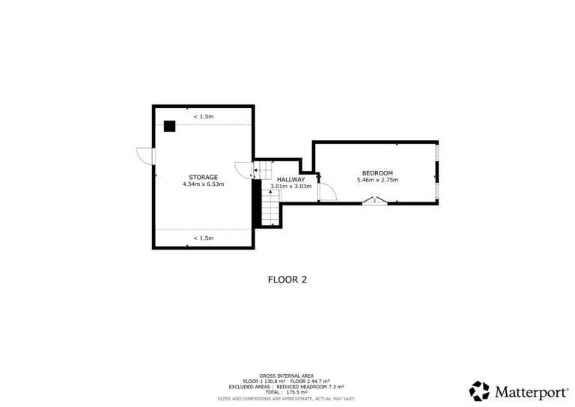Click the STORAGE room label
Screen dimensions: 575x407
tap(203, 177)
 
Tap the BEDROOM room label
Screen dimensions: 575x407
tap(377, 173)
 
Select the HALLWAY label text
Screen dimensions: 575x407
tap(290, 179)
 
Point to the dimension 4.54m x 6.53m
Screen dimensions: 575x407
tap(203, 184)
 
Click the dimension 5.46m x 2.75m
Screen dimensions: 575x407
tap(377, 180)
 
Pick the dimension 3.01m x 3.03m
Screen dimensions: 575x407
tap(290, 187)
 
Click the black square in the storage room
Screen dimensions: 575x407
tap(169, 126)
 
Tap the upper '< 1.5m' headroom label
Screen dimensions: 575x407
tap(204, 116)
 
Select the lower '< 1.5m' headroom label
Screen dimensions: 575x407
tap(204, 238)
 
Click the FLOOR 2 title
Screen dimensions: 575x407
tap(287, 280)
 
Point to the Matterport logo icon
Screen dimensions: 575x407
tap(479, 391)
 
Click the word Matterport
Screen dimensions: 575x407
tap(531, 392)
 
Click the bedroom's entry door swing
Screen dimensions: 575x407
tap(327, 192)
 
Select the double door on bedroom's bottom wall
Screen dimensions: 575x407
tap(374, 201)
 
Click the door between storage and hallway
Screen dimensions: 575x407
tap(244, 170)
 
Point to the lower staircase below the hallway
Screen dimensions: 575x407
tap(270, 209)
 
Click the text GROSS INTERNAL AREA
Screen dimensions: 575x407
tap(287, 376)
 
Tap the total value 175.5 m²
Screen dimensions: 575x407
tap(297, 392)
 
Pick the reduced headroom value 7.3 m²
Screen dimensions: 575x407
tap(335, 387)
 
